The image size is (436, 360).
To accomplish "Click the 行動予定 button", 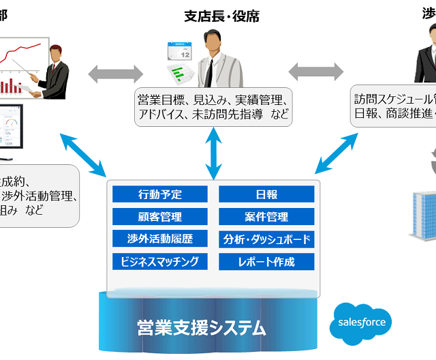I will click(160, 194).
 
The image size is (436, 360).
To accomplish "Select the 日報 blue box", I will click(266, 194).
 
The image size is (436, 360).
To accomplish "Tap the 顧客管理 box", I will click(160, 217).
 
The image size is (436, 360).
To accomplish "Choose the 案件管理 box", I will click(266, 217).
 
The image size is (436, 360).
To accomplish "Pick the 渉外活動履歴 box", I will click(160, 239).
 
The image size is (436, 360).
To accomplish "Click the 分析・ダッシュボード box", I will click(266, 239).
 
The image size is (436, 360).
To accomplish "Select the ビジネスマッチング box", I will click(160, 260).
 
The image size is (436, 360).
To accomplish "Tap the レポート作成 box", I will click(266, 260).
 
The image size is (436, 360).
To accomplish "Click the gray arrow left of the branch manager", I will click(115, 71).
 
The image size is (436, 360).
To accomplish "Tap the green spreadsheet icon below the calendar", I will click(179, 73).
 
